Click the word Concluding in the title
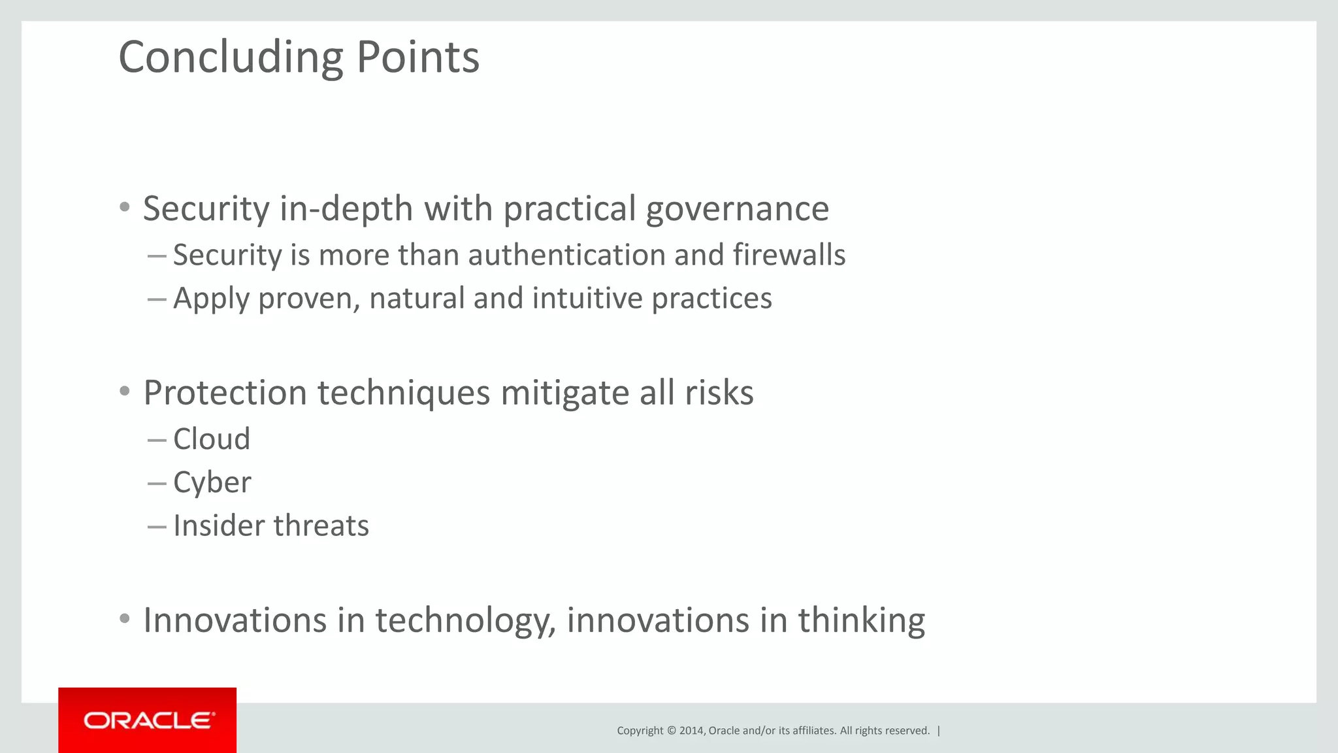click(x=231, y=58)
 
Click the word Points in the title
click(x=418, y=58)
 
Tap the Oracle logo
click(x=148, y=720)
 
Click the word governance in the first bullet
click(x=738, y=209)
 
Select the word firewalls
click(x=789, y=255)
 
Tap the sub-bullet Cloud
click(x=212, y=439)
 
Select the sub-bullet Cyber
click(x=212, y=483)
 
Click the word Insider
click(x=218, y=526)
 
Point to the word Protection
click(x=225, y=393)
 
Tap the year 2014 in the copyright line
click(x=691, y=731)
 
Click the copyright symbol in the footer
click(x=671, y=731)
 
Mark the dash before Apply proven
click(x=157, y=299)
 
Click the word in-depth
click(x=346, y=209)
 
